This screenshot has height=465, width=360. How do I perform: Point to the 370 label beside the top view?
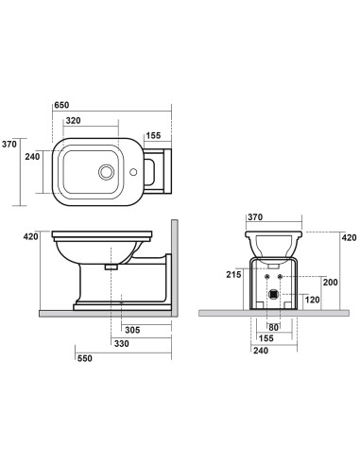[x=10, y=144]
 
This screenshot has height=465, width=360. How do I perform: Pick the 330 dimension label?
[x=121, y=344]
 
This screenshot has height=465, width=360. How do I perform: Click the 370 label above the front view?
[x=254, y=217]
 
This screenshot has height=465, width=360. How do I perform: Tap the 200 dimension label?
[x=329, y=283]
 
